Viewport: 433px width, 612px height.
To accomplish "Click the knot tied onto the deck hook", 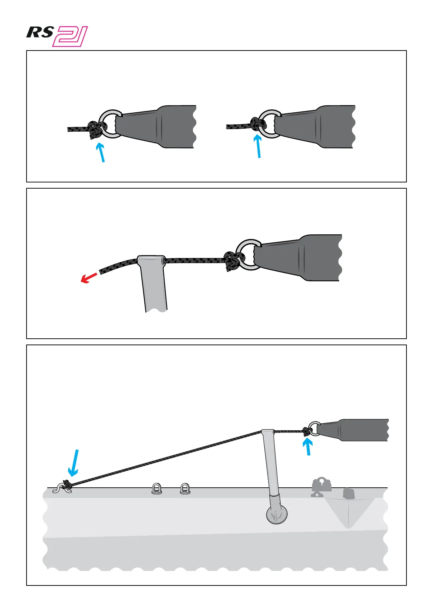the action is click(x=67, y=484).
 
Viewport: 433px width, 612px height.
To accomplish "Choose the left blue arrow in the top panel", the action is click(x=101, y=152).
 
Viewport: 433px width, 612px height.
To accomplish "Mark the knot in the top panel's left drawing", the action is click(x=96, y=130).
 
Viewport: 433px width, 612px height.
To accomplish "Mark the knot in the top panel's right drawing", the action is click(x=258, y=125).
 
